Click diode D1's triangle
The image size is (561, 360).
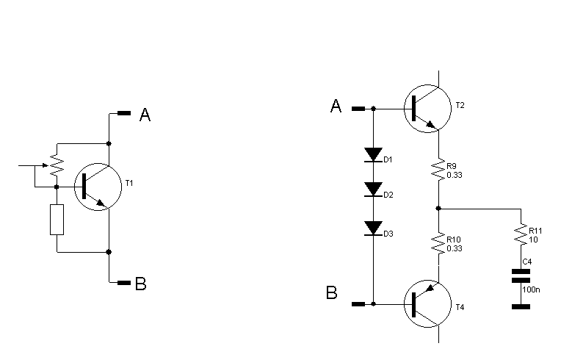373,156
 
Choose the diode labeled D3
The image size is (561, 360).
373,228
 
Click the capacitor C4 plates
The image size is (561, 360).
521,276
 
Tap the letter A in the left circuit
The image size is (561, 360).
145,115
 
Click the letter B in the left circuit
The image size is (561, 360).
141,284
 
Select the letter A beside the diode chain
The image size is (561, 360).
336,107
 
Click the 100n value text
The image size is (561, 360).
531,290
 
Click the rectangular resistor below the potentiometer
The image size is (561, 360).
57,220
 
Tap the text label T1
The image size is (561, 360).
130,182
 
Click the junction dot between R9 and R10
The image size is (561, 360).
438,208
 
